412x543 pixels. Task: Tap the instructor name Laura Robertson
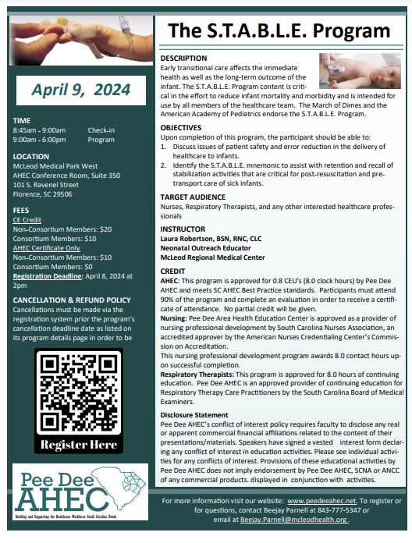pyautogui.click(x=211, y=239)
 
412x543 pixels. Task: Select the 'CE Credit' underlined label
pyautogui.click(x=29, y=221)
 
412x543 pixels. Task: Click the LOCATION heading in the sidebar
pyautogui.click(x=31, y=156)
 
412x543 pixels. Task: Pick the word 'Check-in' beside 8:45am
pyautogui.click(x=101, y=130)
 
